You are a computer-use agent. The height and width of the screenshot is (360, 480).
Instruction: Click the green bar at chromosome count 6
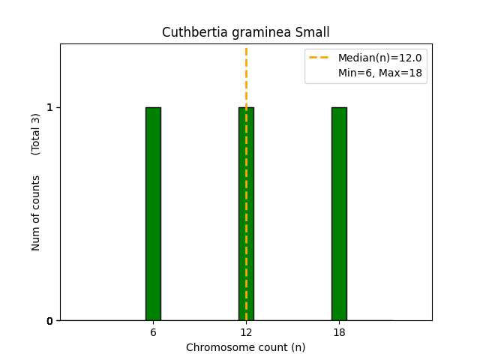tap(153, 214)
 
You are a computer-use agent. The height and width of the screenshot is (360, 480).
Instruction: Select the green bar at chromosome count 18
tap(339, 214)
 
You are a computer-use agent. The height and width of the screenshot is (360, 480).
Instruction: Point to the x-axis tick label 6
tap(153, 332)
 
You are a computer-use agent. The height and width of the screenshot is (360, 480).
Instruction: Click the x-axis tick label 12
tap(246, 332)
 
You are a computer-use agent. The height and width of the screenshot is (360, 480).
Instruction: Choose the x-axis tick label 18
tap(339, 332)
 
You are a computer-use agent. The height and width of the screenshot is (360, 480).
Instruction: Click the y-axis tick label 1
tap(50, 107)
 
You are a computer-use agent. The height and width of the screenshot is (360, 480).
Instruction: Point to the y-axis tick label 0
tap(50, 321)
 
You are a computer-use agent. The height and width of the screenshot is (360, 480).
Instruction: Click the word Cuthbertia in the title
tap(190, 33)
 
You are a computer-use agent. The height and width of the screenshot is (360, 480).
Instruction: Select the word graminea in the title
tap(256, 33)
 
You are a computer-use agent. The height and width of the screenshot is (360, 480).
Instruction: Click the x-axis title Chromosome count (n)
tap(246, 347)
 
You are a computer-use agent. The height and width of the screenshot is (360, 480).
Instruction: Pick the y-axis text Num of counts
tap(36, 213)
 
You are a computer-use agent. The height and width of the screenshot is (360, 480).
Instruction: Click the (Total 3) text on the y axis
tap(36, 134)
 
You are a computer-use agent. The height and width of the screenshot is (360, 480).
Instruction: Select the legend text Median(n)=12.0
tap(379, 58)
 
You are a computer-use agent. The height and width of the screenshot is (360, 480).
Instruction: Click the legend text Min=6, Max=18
tap(379, 72)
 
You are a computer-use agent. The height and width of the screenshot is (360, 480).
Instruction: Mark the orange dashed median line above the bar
tap(246, 75)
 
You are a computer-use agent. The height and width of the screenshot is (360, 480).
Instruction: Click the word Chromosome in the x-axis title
tap(215, 347)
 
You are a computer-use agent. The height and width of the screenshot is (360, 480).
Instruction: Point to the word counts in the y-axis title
tap(36, 193)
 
